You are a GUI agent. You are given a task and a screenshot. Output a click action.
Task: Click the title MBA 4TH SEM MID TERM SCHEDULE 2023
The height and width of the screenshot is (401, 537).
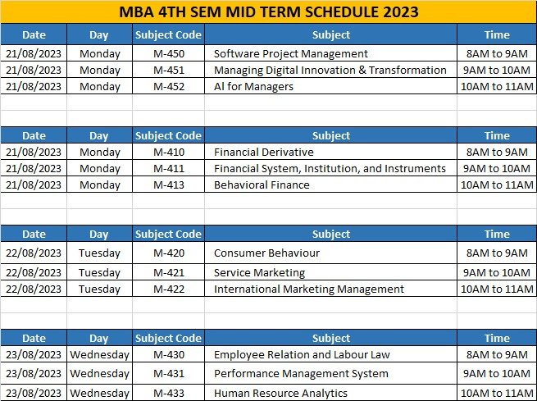click(269, 11)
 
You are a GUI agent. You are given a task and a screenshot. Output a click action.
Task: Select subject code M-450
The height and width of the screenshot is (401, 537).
click(169, 53)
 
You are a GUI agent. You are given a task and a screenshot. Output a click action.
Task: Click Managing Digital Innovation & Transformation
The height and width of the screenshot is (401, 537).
click(330, 70)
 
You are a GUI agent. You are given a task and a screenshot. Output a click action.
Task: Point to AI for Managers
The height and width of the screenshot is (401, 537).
click(254, 86)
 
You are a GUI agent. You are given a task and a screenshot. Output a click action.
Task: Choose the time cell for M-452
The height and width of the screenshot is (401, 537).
click(497, 86)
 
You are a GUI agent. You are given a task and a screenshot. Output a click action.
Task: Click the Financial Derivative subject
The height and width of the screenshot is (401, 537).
click(264, 152)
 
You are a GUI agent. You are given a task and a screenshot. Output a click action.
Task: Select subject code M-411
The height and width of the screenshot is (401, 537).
click(169, 168)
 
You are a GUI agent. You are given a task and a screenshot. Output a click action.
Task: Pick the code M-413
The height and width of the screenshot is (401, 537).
click(169, 185)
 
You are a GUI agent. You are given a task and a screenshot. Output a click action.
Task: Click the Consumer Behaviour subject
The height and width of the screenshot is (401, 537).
click(266, 253)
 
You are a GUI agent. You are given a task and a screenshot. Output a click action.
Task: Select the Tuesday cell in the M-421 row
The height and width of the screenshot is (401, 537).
click(99, 272)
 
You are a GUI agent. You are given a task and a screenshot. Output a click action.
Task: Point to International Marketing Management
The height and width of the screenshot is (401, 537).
click(309, 289)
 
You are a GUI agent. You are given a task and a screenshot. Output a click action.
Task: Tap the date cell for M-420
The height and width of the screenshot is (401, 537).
click(34, 253)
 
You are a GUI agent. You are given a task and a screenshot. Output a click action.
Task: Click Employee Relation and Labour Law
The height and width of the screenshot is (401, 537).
click(302, 354)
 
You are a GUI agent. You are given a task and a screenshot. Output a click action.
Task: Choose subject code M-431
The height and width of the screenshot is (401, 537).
click(169, 373)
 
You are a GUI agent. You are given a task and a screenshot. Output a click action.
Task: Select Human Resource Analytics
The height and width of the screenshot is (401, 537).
click(280, 393)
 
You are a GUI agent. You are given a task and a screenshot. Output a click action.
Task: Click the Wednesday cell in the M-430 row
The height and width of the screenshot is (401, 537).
click(99, 354)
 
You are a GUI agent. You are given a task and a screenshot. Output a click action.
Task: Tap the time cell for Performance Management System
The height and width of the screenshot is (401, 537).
click(497, 373)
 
